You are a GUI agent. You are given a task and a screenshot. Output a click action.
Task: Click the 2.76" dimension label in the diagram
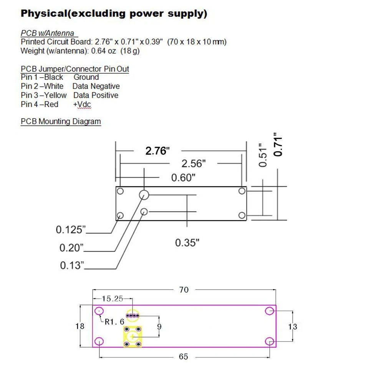coord(157,151)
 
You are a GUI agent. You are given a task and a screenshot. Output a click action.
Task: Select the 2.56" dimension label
coord(194,164)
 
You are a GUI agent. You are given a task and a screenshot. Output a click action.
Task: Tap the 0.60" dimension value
coord(183,177)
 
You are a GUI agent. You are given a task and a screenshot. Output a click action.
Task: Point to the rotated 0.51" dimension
coord(263,155)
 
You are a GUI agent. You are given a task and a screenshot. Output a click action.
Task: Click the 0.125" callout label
coord(71,230)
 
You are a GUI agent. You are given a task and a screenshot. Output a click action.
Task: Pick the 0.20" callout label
coord(71,248)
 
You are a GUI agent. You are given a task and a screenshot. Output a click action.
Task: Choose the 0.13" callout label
coord(72,265)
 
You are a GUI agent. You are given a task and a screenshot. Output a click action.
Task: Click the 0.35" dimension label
coord(187,243)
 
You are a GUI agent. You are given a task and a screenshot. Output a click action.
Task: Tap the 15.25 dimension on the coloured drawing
coord(113,298)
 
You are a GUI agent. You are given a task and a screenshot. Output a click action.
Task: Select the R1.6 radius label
coord(114,322)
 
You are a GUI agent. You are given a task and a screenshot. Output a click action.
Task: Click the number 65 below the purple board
coord(184,357)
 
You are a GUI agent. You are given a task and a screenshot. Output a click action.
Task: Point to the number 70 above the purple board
coord(184,290)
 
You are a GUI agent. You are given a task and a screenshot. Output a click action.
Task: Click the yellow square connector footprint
coord(132,336)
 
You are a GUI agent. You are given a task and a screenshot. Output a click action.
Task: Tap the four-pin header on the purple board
coord(132,316)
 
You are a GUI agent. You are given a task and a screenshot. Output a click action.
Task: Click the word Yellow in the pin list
coord(55,95)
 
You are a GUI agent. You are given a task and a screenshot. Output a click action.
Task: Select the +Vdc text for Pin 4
coord(82,104)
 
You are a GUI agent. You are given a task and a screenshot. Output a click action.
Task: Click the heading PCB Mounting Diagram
coord(61,121)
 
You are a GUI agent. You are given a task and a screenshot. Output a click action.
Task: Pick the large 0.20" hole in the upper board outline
coord(144,195)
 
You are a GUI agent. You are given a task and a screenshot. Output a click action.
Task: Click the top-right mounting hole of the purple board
coord(270,311)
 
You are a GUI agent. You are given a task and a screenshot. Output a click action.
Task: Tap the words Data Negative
coord(96,86)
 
